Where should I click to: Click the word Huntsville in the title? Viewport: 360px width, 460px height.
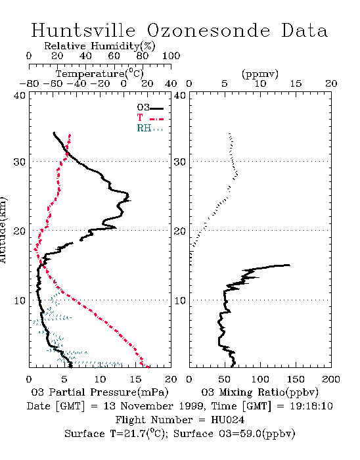tap(83, 30)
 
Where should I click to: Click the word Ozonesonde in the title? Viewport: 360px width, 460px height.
tap(208, 30)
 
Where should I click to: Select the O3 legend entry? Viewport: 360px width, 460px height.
tap(150, 108)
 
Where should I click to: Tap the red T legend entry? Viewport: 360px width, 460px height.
tap(150, 118)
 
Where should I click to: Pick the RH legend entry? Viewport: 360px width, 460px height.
tap(150, 128)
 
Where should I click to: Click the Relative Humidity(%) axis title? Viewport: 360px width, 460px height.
tap(99, 46)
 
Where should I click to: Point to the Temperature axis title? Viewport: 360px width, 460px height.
tap(99, 74)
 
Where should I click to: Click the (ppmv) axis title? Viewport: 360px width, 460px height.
tap(259, 74)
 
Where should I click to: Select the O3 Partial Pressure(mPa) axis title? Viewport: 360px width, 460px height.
tap(100, 392)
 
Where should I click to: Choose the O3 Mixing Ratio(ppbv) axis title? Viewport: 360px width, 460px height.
tap(259, 392)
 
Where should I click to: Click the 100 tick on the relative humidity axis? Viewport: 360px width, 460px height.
tap(171, 56)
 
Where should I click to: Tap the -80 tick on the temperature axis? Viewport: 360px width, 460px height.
tap(29, 83)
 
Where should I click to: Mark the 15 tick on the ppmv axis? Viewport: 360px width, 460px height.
tap(296, 83)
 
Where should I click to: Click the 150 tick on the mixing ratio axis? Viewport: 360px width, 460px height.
tap(296, 379)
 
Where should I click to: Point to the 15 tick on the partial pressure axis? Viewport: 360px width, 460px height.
tap(135, 379)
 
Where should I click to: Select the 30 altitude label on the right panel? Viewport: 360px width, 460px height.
tap(180, 162)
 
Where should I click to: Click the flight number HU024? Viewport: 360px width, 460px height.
tap(227, 420)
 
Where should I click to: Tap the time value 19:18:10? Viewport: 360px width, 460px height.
tap(311, 406)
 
